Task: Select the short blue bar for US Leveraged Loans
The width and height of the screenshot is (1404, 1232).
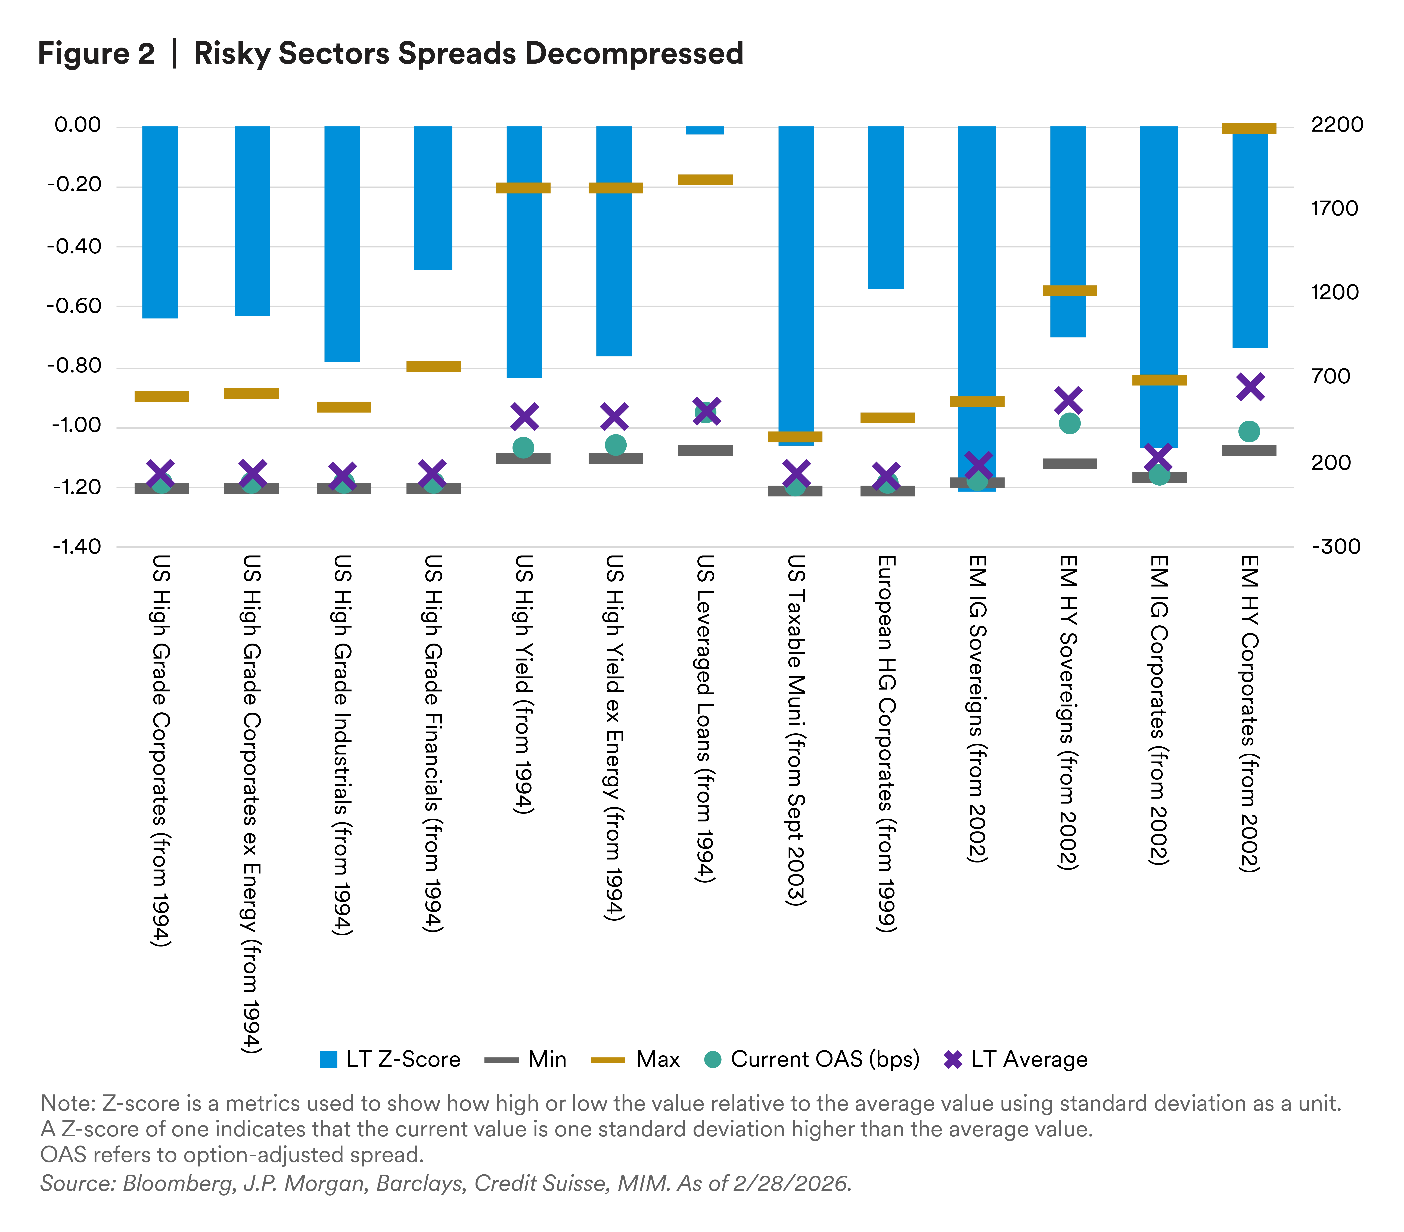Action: tap(705, 130)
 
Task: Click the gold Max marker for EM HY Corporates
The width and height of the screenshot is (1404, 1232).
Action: tap(1249, 129)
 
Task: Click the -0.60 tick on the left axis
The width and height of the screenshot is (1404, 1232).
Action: tap(74, 306)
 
